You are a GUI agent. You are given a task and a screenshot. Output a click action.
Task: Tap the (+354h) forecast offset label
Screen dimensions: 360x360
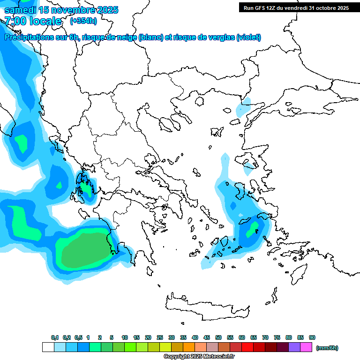click(x=83, y=21)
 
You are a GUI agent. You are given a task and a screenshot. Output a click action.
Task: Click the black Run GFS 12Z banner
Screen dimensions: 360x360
click(x=295, y=7)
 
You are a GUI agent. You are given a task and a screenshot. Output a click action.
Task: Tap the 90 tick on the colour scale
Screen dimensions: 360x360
click(x=312, y=337)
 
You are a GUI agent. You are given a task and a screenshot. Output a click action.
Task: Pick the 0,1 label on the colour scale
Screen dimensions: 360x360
click(x=54, y=337)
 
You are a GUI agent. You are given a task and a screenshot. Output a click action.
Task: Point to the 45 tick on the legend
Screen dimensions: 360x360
click(x=207, y=337)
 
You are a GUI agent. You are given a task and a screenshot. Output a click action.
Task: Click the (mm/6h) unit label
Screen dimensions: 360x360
click(x=327, y=348)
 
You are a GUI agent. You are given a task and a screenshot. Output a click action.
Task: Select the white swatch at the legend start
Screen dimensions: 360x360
click(x=48, y=347)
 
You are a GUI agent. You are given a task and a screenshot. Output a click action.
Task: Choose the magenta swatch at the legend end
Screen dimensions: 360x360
click(x=306, y=347)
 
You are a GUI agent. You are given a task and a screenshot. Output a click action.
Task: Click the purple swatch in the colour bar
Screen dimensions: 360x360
click(x=294, y=347)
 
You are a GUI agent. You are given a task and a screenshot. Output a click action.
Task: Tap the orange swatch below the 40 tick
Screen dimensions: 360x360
click(x=189, y=347)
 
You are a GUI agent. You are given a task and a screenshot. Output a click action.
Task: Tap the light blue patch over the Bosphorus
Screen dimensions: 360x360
click(x=243, y=108)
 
